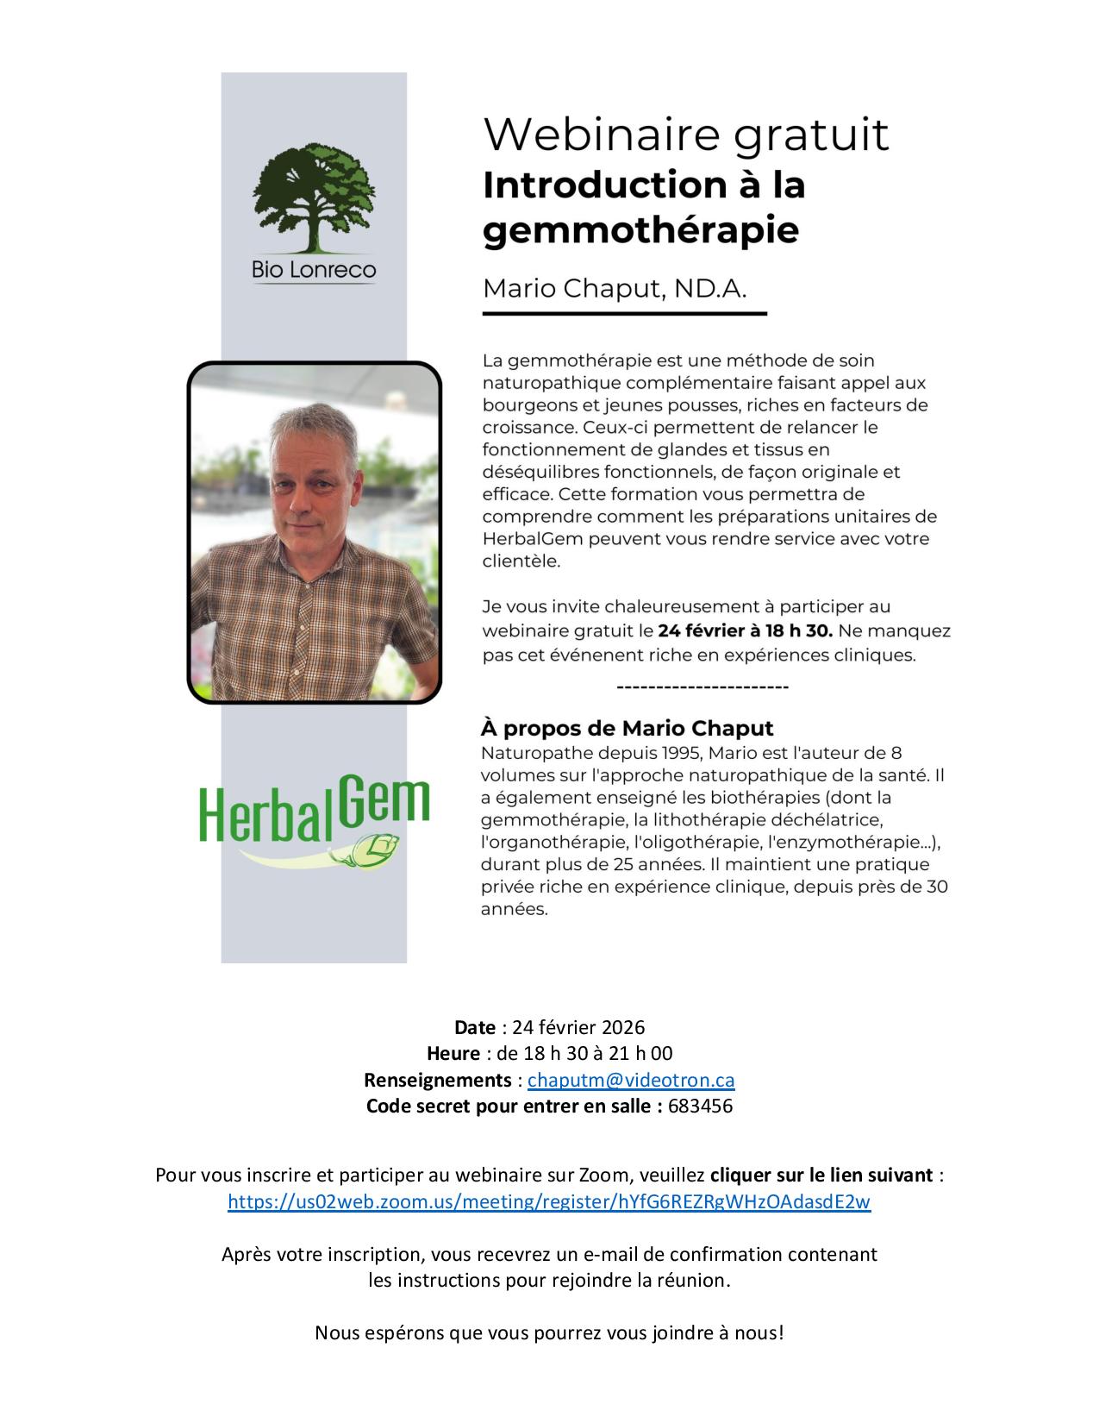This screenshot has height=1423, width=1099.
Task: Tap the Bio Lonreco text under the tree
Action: pos(314,270)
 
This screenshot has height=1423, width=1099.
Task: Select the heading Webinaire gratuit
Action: pos(685,135)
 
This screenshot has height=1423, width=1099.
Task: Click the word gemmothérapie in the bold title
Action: pos(640,230)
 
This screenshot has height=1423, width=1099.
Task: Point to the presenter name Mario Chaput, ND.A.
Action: pos(614,288)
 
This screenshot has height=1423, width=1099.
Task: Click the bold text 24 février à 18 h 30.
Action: pos(745,630)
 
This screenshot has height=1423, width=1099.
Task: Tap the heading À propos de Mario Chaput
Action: pos(627,728)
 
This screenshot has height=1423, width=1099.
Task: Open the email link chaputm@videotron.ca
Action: pos(631,1080)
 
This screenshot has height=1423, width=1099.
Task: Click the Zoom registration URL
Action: pos(549,1201)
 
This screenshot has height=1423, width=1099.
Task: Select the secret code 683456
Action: pos(700,1106)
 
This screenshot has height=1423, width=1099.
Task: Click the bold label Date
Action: pos(475,1027)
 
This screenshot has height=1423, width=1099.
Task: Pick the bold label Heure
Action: pos(453,1053)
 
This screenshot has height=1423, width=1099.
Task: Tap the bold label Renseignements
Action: pos(438,1080)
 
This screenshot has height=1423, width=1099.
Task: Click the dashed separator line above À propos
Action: pos(702,687)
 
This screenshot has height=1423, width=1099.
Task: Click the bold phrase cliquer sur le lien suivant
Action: pos(821,1175)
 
